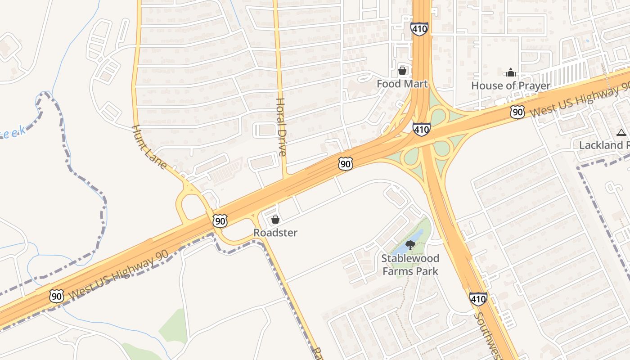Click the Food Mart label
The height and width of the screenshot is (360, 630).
(402, 84)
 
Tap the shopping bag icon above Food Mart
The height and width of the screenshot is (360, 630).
(402, 71)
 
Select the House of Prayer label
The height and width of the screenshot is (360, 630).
(511, 85)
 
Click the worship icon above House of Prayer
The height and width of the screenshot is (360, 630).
(511, 72)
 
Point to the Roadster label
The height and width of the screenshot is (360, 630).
(275, 233)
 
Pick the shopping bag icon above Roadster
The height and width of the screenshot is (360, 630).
(275, 220)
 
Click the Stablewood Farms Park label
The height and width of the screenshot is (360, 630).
(410, 265)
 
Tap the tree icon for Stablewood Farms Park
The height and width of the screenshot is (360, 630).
(410, 245)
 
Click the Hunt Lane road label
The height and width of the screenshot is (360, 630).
(149, 147)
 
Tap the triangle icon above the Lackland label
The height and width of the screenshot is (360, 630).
(621, 132)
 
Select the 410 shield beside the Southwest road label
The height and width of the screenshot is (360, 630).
(478, 298)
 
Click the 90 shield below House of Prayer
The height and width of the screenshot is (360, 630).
(517, 112)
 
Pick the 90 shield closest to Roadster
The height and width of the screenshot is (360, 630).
(220, 220)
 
